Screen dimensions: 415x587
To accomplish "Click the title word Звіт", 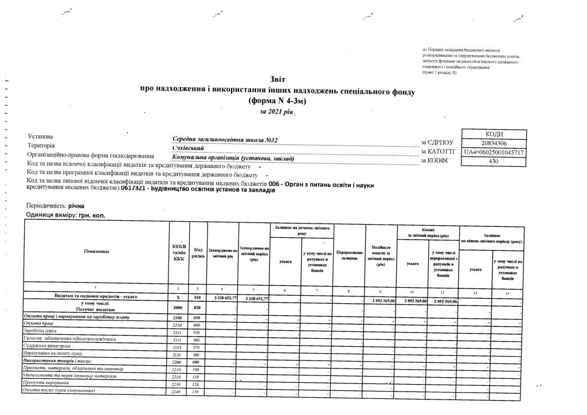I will coord(277,79).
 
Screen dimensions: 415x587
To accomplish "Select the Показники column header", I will coord(96,252).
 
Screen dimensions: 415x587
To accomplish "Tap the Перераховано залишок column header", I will coord(349,255).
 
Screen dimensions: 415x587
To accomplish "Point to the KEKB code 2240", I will coord(177,391).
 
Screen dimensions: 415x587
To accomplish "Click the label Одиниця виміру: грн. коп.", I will coord(66,216).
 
